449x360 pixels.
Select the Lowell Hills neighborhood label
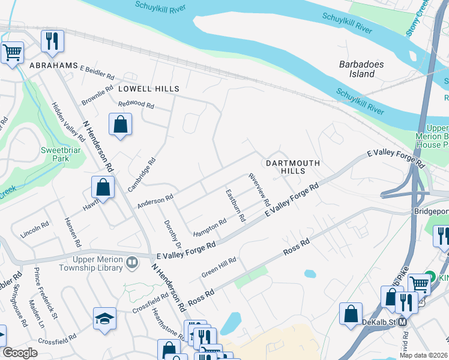148,89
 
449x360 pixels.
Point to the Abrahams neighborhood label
54,65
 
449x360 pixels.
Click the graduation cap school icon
104,319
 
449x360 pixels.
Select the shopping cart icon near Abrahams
12,52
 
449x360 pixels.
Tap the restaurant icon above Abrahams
52,41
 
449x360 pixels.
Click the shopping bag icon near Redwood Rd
120,124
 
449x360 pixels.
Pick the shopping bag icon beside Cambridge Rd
103,187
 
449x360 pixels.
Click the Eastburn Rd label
235,206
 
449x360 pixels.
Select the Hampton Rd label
209,227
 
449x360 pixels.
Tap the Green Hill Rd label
219,266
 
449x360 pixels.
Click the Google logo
20,353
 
